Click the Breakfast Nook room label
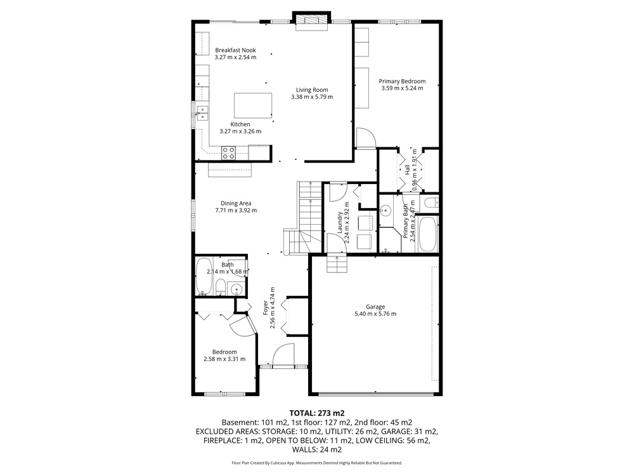click(x=235, y=50)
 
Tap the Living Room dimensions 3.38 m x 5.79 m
click(x=312, y=97)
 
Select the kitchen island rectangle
click(x=253, y=105)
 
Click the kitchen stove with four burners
click(x=228, y=153)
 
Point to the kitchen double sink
click(x=202, y=113)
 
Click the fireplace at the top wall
click(x=312, y=21)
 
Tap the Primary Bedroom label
click(x=402, y=81)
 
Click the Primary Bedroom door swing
click(x=366, y=138)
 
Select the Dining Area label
click(x=236, y=204)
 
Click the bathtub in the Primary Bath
click(x=428, y=234)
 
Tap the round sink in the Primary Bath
click(x=385, y=211)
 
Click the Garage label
click(x=375, y=307)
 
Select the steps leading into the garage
click(x=337, y=263)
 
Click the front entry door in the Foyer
click(x=283, y=355)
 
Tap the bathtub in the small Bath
click(x=204, y=277)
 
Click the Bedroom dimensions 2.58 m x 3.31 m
click(x=224, y=359)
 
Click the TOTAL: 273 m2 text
click(x=316, y=413)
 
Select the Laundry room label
click(x=340, y=223)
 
